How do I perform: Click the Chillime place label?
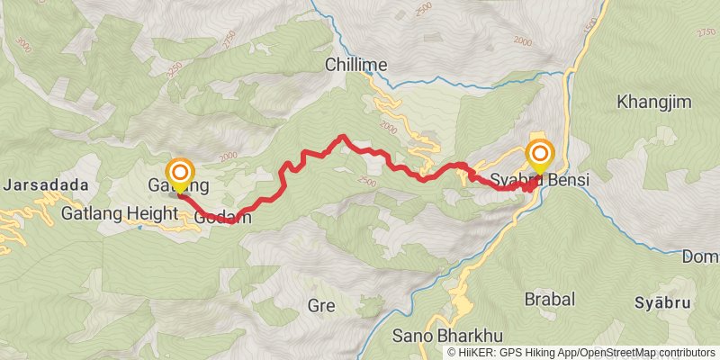pos(356,65)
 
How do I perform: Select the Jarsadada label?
pos(47,185)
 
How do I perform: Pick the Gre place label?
pos(320,304)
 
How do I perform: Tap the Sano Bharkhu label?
pos(434,337)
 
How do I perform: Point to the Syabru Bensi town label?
pos(540,180)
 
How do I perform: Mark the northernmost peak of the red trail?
pos(343,137)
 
